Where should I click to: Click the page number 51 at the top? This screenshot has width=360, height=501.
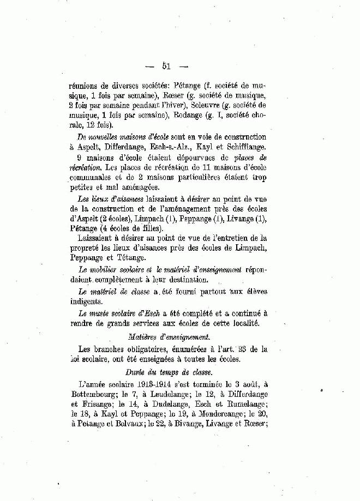[167, 67]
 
